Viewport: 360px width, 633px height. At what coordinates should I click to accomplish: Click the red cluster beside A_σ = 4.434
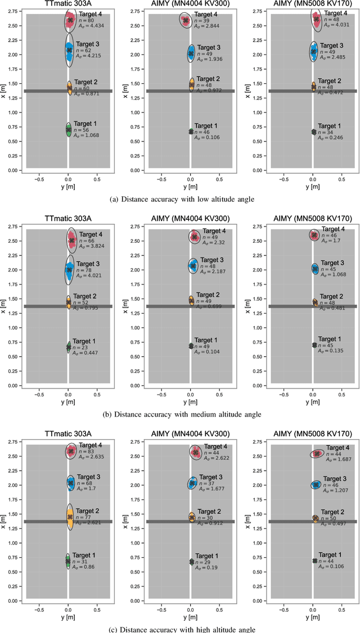point(70,20)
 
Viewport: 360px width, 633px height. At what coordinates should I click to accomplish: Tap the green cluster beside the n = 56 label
point(68,130)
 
